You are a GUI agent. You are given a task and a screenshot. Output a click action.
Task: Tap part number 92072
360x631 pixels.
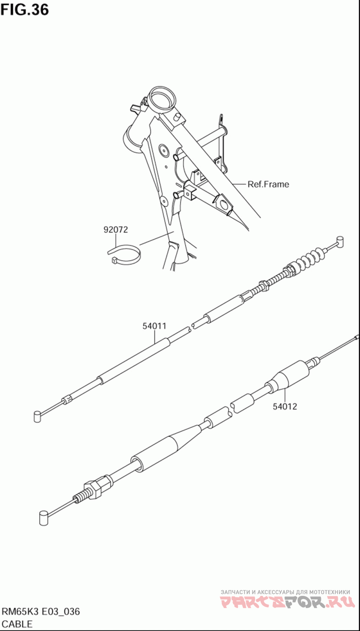116,230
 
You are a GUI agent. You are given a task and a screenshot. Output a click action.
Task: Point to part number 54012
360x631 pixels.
284,407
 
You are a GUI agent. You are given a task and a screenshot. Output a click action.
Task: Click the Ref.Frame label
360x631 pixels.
268,184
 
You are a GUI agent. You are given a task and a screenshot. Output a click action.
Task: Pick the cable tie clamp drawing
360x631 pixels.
125,254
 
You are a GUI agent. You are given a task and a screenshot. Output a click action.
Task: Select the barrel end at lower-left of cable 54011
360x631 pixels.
38,416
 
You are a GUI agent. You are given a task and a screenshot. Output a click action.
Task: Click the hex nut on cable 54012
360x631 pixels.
95,489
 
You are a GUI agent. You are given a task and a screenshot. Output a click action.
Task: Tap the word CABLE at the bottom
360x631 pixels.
17,624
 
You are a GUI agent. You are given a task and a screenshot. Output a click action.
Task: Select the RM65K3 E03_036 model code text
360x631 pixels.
41,612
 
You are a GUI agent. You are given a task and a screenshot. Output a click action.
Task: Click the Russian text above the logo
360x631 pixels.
285,592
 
